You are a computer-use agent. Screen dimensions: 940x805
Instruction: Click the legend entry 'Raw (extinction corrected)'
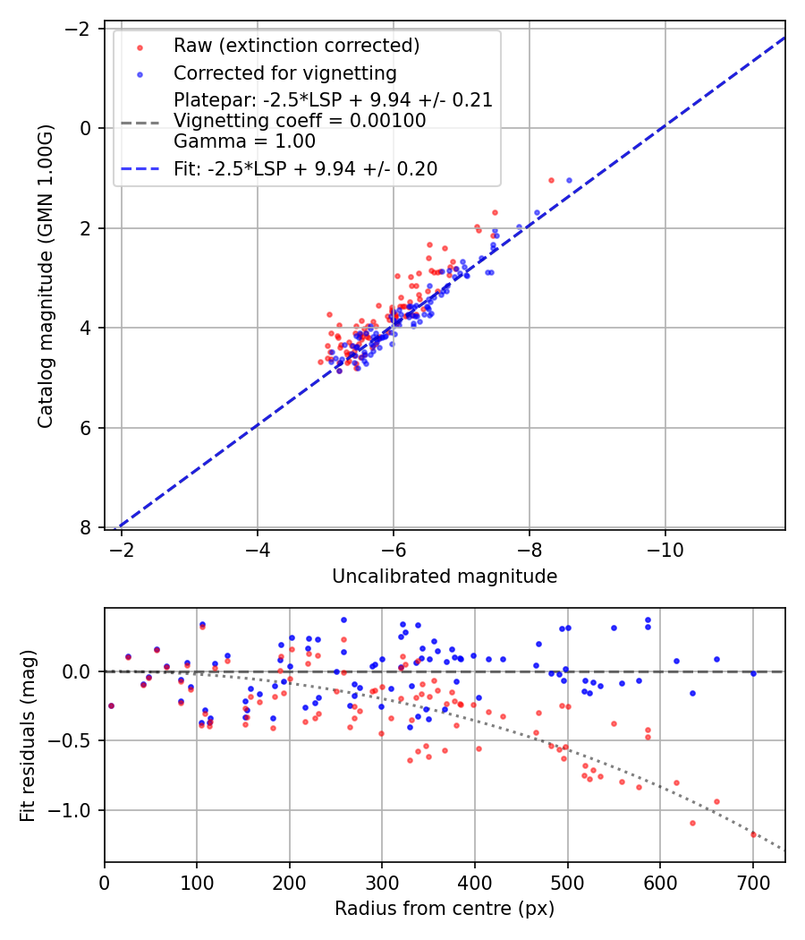pos(296,46)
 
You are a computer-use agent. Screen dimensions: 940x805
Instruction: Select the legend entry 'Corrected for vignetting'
pos(284,73)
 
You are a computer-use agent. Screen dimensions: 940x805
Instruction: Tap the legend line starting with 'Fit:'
pos(305,168)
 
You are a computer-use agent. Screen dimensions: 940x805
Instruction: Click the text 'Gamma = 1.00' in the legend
pos(244,141)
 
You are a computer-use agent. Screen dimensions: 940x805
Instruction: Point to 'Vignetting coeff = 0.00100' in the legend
pos(300,121)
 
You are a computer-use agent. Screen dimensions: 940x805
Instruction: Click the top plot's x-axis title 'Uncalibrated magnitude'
pos(445,577)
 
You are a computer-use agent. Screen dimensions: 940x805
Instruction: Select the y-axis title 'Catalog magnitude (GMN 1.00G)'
pos(46,276)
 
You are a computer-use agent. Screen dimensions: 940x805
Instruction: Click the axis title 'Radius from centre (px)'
pos(445,909)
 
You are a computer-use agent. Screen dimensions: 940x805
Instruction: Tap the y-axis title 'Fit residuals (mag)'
pos(28,736)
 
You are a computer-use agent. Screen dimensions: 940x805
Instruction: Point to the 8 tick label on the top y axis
pos(87,527)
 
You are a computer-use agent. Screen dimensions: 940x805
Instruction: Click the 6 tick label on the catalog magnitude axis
pos(87,428)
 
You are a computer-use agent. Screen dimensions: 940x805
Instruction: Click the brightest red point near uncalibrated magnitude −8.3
pos(551,180)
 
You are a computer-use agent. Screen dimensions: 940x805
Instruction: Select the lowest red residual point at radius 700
pos(753,834)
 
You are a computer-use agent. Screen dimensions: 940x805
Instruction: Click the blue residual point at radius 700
pos(753,673)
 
